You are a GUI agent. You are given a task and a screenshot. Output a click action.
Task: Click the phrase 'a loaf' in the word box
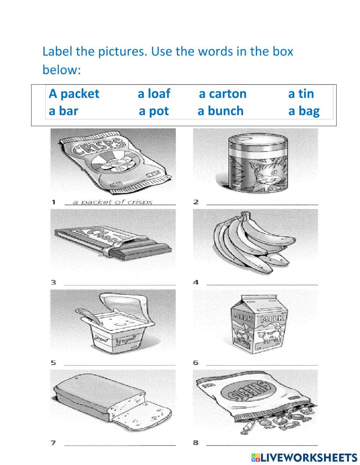tap(154, 94)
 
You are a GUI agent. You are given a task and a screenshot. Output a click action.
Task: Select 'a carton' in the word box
tap(222, 94)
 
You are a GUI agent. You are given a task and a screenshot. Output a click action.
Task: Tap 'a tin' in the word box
tap(301, 94)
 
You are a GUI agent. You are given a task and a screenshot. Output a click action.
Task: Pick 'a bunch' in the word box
tap(220, 111)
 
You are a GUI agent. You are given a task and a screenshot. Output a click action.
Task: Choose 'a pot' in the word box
tap(154, 111)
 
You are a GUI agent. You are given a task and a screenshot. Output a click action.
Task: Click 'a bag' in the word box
tap(304, 111)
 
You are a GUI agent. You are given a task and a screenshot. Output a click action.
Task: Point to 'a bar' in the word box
tap(63, 111)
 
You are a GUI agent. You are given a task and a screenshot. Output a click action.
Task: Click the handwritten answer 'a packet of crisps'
tap(112, 202)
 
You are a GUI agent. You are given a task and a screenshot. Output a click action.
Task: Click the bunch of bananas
tap(248, 241)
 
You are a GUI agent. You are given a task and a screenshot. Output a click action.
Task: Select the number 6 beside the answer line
tap(195, 362)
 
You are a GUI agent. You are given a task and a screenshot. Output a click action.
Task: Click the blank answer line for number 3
tap(121, 285)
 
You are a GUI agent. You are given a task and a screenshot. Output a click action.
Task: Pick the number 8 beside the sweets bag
tap(195, 443)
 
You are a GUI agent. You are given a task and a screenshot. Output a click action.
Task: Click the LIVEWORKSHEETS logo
tap(304, 457)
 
